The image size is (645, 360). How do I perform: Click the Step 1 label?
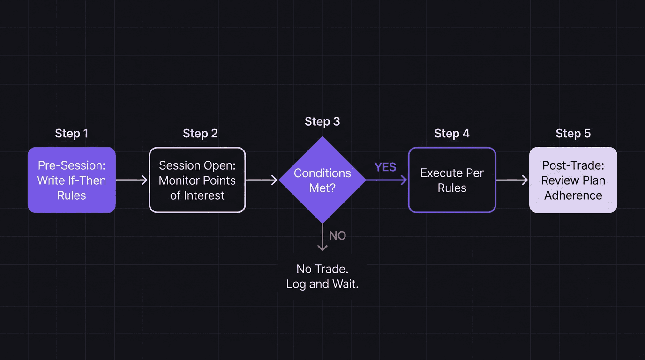[71, 134]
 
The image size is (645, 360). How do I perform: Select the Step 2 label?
[200, 134]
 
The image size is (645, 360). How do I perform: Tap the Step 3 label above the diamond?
[322, 122]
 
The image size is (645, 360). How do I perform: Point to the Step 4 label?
[451, 134]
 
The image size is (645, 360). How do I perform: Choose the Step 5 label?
[573, 134]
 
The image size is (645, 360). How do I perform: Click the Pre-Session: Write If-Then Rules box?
[72, 180]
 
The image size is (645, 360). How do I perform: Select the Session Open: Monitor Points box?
[197, 180]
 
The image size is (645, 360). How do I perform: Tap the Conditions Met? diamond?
[322, 180]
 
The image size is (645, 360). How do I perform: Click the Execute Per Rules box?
[452, 180]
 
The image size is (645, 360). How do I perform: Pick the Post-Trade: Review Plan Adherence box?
[573, 180]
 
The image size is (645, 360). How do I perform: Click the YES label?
[385, 167]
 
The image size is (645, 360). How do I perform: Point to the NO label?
[337, 236]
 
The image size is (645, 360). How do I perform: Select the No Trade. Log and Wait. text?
[322, 277]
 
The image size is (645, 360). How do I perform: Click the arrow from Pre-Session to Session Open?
[132, 180]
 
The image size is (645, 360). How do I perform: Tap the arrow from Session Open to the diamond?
[262, 180]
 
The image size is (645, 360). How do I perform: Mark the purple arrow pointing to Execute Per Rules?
[386, 180]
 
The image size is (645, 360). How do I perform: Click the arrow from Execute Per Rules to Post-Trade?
[512, 180]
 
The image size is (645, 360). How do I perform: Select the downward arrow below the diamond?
[322, 238]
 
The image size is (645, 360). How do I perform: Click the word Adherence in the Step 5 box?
[573, 195]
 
